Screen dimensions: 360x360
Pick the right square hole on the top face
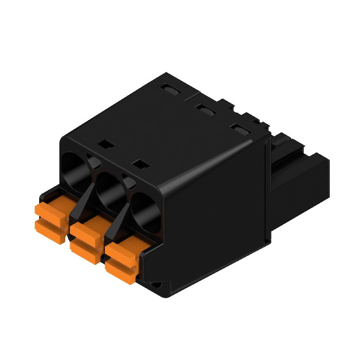pos(142,164)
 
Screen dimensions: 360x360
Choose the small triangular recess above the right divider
pos(127,181)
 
